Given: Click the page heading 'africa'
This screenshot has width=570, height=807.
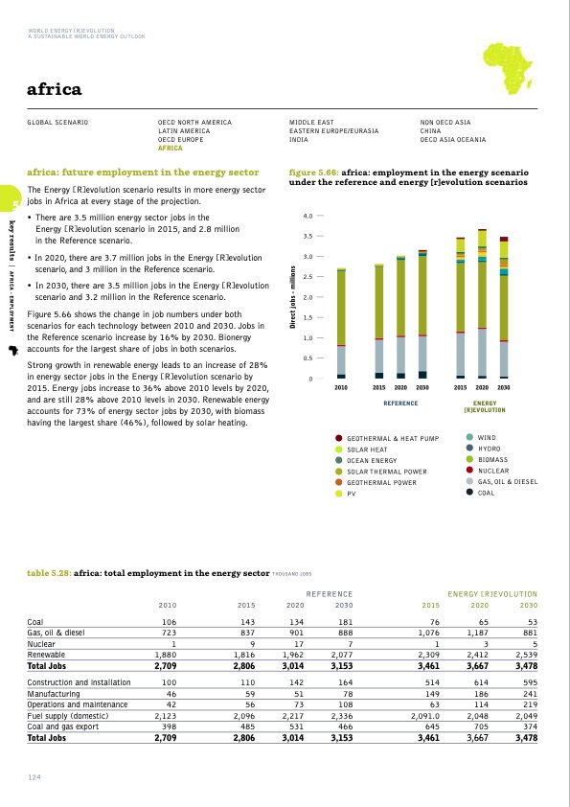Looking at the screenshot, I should coord(55,91).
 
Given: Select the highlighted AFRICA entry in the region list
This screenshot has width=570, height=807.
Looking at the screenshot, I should coord(170,149).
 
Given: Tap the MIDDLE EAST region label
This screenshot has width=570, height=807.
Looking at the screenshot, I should coord(311,123).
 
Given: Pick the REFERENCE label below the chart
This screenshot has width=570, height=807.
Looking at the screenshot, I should coord(400,403).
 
